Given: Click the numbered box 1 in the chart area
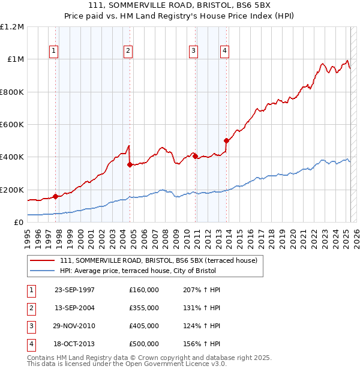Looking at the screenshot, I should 54,52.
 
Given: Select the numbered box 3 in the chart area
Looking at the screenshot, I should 194,52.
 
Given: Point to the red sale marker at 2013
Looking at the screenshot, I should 226,141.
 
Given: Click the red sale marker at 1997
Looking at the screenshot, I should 56,196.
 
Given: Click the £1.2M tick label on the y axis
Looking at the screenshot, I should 12,27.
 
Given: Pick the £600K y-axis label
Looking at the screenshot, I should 12,125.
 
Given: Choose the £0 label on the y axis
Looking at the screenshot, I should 19,223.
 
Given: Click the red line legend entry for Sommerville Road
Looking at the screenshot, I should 158,260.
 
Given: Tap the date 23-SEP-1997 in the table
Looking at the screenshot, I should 74,290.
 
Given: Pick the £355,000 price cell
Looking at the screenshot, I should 143,308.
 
